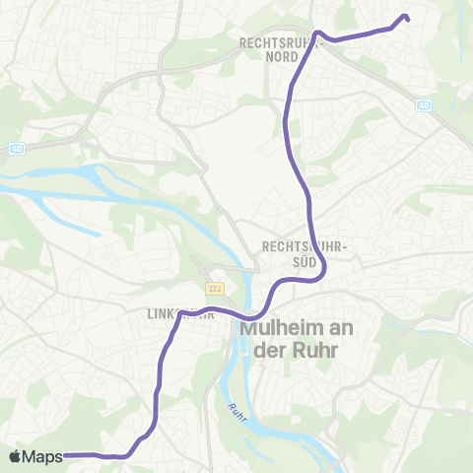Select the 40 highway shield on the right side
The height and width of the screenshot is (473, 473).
(425, 103)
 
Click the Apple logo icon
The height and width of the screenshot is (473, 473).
(16, 456)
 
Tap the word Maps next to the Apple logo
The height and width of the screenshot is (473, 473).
(43, 456)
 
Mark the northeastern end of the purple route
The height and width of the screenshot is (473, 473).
(406, 17)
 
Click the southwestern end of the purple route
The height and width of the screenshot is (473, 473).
(66, 455)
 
